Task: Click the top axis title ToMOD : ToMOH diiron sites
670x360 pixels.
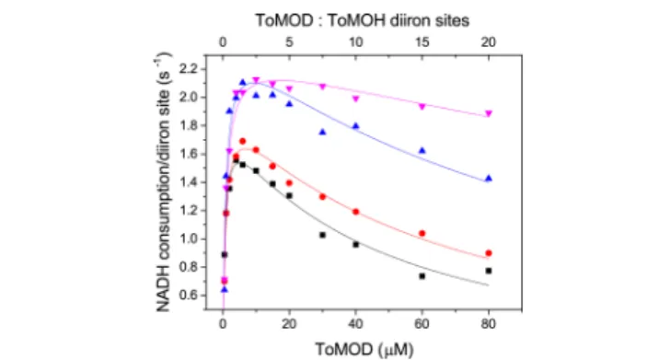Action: coord(363,20)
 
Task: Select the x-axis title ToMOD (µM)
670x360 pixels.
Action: coord(364,349)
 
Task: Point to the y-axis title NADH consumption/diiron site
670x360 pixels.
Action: coord(163,181)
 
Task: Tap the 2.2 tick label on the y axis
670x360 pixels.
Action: coord(190,69)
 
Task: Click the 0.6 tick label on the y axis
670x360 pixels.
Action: coord(190,296)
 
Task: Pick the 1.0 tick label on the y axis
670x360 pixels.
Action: coord(190,239)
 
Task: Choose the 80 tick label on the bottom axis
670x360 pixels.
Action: coord(489,324)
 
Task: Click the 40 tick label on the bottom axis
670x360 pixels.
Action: coord(355,324)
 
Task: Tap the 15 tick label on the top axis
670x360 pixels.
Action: coord(422,42)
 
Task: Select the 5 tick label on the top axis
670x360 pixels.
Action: coord(289,42)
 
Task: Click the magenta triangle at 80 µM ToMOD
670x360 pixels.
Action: coord(489,114)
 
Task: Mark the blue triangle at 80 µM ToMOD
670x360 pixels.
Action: coord(489,179)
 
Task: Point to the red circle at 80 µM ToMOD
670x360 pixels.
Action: coord(489,253)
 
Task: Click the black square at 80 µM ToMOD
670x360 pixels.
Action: coord(489,271)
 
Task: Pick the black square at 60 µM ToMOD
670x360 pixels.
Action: coord(422,276)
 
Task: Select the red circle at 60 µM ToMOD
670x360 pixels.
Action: coord(422,234)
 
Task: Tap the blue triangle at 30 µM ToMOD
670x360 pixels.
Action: coord(323,132)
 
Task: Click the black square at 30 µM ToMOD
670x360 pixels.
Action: coord(323,235)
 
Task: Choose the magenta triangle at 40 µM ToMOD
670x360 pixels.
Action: coord(355,99)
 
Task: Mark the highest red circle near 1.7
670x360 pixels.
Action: coord(243,141)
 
